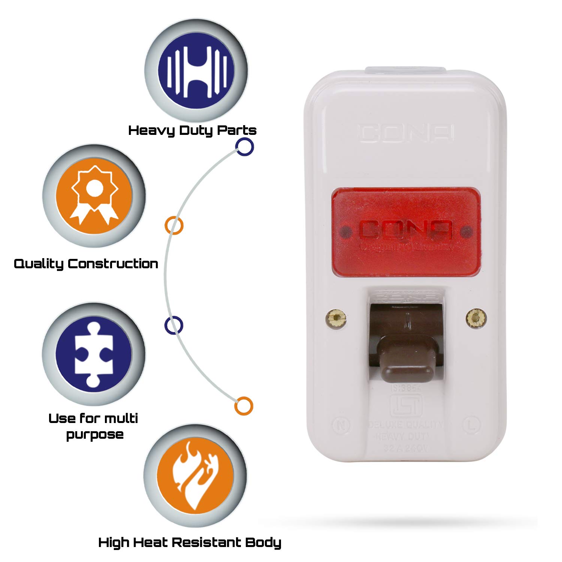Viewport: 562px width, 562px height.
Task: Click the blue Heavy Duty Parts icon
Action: click(196, 71)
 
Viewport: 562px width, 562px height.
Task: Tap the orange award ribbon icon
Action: click(94, 196)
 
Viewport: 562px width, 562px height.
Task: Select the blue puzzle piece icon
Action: click(94, 354)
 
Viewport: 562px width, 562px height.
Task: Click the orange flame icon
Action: click(195, 476)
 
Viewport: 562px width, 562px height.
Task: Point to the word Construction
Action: click(113, 264)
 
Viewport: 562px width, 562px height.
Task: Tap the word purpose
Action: click(95, 435)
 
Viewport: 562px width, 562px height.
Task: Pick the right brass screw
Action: click(476, 318)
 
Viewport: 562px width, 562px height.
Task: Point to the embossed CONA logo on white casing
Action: click(407, 133)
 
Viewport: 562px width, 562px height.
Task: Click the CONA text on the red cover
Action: click(406, 230)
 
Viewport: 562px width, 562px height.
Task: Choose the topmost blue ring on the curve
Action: click(245, 146)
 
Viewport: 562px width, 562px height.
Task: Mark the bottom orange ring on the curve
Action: click(244, 406)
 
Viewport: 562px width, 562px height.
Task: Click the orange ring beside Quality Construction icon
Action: click(174, 226)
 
